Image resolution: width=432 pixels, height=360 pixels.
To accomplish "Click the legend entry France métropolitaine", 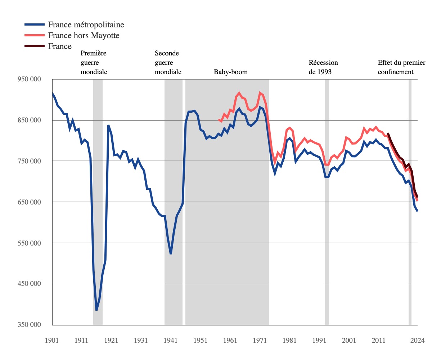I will point(86,25).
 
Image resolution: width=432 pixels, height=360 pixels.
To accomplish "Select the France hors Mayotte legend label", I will point(84,35).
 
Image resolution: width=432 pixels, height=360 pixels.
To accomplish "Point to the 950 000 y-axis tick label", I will point(29,79).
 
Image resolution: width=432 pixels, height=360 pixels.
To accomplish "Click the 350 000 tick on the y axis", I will point(29,325).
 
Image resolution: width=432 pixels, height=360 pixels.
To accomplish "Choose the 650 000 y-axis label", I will point(29,202).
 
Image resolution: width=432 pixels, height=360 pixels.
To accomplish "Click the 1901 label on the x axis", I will point(52,340).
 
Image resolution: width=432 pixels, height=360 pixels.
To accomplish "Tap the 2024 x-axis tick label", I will point(417,340).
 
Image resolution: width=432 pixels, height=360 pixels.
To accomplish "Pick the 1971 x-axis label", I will point(260,340).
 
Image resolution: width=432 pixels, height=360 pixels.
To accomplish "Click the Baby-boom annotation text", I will point(231,72).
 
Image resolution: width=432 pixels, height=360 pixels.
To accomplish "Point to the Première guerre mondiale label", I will point(94,62).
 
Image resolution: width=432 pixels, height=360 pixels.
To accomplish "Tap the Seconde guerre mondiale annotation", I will point(168,62).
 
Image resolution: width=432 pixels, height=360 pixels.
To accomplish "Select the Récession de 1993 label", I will point(323,67).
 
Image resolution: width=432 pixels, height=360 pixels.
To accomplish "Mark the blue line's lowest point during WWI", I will point(96,310).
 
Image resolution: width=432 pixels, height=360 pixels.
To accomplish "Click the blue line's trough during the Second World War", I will point(171,254).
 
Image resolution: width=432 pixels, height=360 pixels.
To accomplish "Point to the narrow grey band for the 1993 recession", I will point(327,202).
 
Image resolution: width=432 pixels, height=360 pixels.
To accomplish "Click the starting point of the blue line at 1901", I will point(52,93).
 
